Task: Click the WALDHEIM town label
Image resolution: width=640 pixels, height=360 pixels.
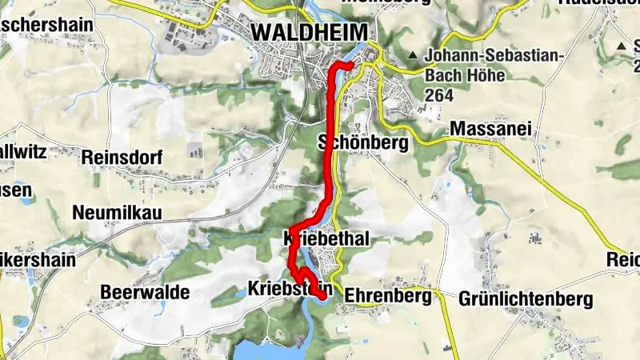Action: [310, 31]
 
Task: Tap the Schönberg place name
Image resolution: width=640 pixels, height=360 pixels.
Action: [363, 143]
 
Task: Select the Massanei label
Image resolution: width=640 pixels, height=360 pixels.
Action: [491, 128]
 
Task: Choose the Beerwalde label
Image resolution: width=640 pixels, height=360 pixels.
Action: [145, 292]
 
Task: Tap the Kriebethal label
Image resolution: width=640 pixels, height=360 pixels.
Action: [326, 239]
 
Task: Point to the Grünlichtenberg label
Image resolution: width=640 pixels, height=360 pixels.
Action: [526, 299]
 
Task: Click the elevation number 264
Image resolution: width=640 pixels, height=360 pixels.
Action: [440, 95]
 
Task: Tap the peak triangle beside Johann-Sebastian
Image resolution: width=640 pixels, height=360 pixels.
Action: [413, 55]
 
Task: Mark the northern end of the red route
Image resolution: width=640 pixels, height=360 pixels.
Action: [350, 63]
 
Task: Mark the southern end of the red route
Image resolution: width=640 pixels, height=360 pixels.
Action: [322, 297]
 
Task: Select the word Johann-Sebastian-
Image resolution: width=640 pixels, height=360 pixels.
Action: [497, 56]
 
